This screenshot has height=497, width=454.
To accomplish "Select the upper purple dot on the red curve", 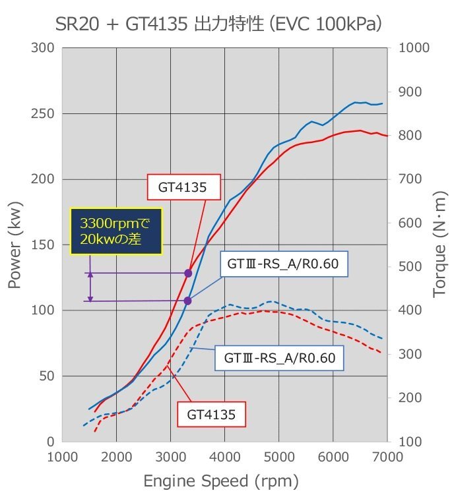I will pyautogui.click(x=188, y=273).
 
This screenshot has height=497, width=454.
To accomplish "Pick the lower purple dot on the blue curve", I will pyautogui.click(x=187, y=301).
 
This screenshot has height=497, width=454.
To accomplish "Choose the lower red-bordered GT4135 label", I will pyautogui.click(x=211, y=415).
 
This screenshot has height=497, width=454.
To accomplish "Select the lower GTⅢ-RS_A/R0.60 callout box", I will pyautogui.click(x=280, y=359).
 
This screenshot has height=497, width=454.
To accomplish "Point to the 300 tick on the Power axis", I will pyautogui.click(x=43, y=48).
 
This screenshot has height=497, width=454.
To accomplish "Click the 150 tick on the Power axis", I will pyautogui.click(x=43, y=245).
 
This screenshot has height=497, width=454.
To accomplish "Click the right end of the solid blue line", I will pyautogui.click(x=382, y=103).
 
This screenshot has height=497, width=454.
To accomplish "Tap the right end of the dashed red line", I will pyautogui.click(x=381, y=353).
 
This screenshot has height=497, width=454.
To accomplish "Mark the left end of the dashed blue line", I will pyautogui.click(x=83, y=425).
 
